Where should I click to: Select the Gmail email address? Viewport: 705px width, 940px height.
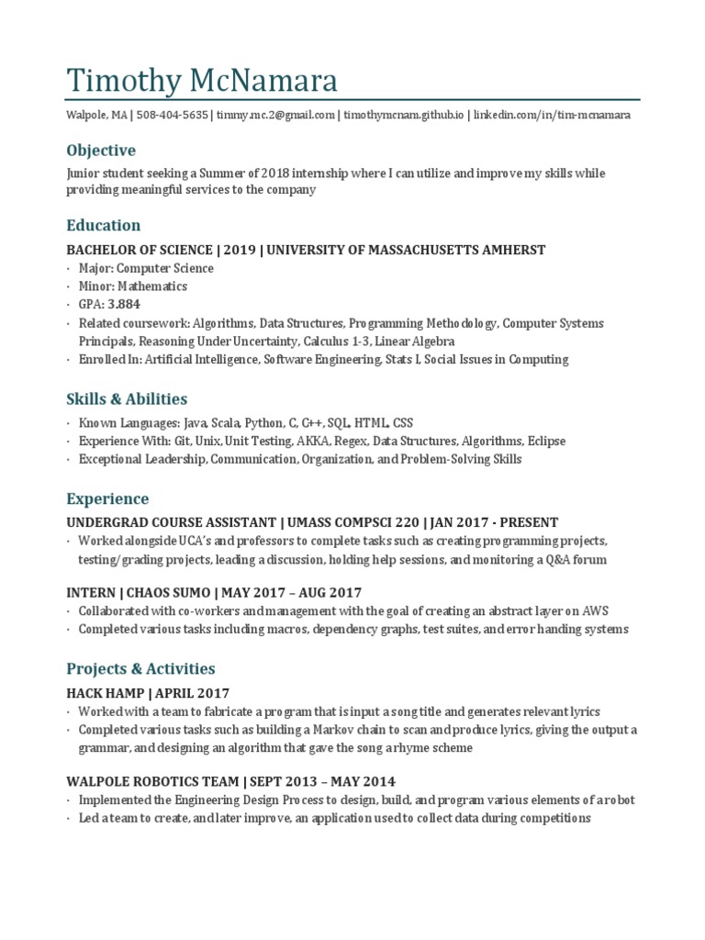tap(275, 116)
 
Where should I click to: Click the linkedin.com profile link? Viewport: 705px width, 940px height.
tap(552, 116)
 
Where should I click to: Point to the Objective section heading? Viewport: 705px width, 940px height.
tap(101, 150)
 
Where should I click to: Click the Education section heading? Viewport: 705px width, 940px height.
tap(104, 225)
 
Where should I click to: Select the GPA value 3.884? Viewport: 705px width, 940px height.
tap(123, 304)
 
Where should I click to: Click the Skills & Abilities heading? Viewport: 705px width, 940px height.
tap(127, 398)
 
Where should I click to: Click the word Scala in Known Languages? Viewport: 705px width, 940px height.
tap(226, 423)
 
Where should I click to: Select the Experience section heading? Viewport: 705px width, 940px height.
tap(107, 498)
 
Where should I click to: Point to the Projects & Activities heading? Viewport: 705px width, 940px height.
tap(140, 668)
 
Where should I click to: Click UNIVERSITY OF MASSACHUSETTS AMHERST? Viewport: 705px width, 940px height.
tap(406, 250)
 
